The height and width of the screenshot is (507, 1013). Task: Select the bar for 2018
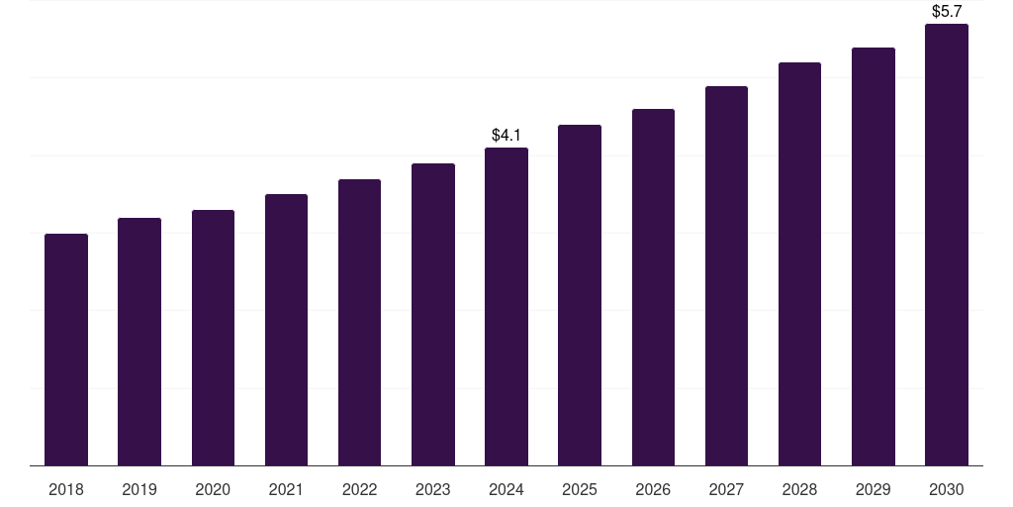(x=66, y=350)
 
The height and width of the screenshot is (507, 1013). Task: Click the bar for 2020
(x=213, y=338)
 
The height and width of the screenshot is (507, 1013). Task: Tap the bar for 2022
(x=359, y=322)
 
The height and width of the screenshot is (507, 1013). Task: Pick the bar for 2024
(x=506, y=307)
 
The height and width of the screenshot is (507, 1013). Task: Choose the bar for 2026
(x=653, y=287)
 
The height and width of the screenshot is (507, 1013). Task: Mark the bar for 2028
(x=799, y=263)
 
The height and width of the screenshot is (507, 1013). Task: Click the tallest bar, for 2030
(x=947, y=245)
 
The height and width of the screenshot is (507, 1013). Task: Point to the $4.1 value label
(x=506, y=135)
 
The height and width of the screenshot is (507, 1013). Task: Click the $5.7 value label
(x=947, y=11)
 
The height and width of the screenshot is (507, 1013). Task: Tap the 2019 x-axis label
(x=139, y=489)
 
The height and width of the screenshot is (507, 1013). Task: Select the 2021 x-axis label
(x=286, y=489)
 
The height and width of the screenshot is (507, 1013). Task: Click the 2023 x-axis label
(x=433, y=489)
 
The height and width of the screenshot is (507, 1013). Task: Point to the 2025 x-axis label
(x=580, y=489)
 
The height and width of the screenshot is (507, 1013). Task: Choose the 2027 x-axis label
(x=726, y=489)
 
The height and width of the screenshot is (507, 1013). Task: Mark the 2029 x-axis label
(x=873, y=489)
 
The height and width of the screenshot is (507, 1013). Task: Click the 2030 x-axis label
(x=947, y=489)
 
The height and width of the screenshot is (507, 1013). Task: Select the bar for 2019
(x=139, y=342)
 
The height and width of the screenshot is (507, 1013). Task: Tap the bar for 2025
(x=580, y=295)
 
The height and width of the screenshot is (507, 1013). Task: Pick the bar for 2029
(x=874, y=256)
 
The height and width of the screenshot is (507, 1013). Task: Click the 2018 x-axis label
(x=66, y=489)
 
